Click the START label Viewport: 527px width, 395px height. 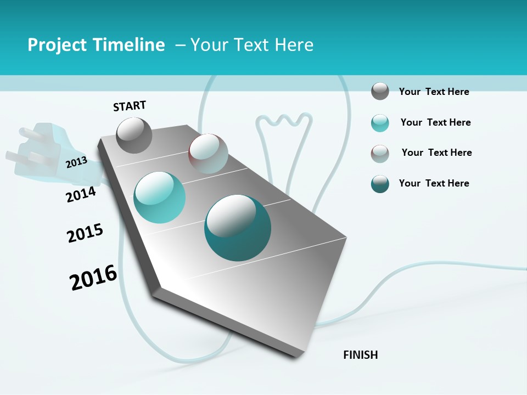(130, 106)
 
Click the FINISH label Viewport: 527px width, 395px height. (360, 355)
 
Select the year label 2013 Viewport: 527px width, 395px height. (76, 162)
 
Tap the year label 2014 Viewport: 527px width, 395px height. (81, 194)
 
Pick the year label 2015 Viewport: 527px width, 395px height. (85, 233)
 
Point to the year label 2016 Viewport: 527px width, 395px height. (93, 277)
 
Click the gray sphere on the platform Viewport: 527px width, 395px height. (134, 135)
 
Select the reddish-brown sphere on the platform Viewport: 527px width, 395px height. (208, 154)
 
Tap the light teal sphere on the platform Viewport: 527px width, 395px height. (160, 197)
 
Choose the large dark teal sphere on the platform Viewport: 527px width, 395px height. (238, 228)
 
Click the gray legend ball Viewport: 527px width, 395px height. (380, 91)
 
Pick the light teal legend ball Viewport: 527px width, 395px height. (380, 123)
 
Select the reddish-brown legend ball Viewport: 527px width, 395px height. (380, 154)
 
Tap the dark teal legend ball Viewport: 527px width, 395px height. (380, 184)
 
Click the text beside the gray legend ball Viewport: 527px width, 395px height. (434, 92)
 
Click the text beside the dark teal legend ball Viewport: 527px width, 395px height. (434, 183)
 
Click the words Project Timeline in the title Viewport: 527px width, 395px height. (96, 45)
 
